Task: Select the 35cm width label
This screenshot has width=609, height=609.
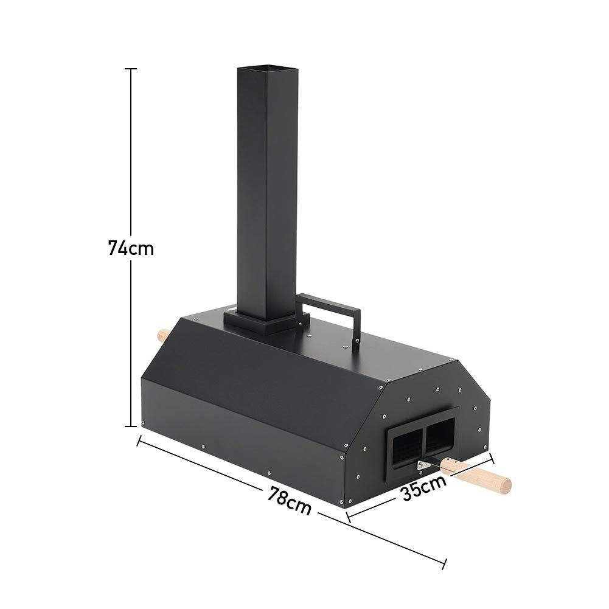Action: tap(423, 487)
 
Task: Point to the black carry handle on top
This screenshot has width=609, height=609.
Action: tap(332, 300)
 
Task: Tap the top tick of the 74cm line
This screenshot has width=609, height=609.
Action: tap(131, 69)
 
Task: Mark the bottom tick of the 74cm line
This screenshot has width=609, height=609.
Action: tap(131, 426)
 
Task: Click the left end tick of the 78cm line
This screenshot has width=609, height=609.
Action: tap(139, 440)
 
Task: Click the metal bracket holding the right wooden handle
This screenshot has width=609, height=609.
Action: tap(422, 465)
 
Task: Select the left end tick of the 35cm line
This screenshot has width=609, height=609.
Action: tap(349, 517)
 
